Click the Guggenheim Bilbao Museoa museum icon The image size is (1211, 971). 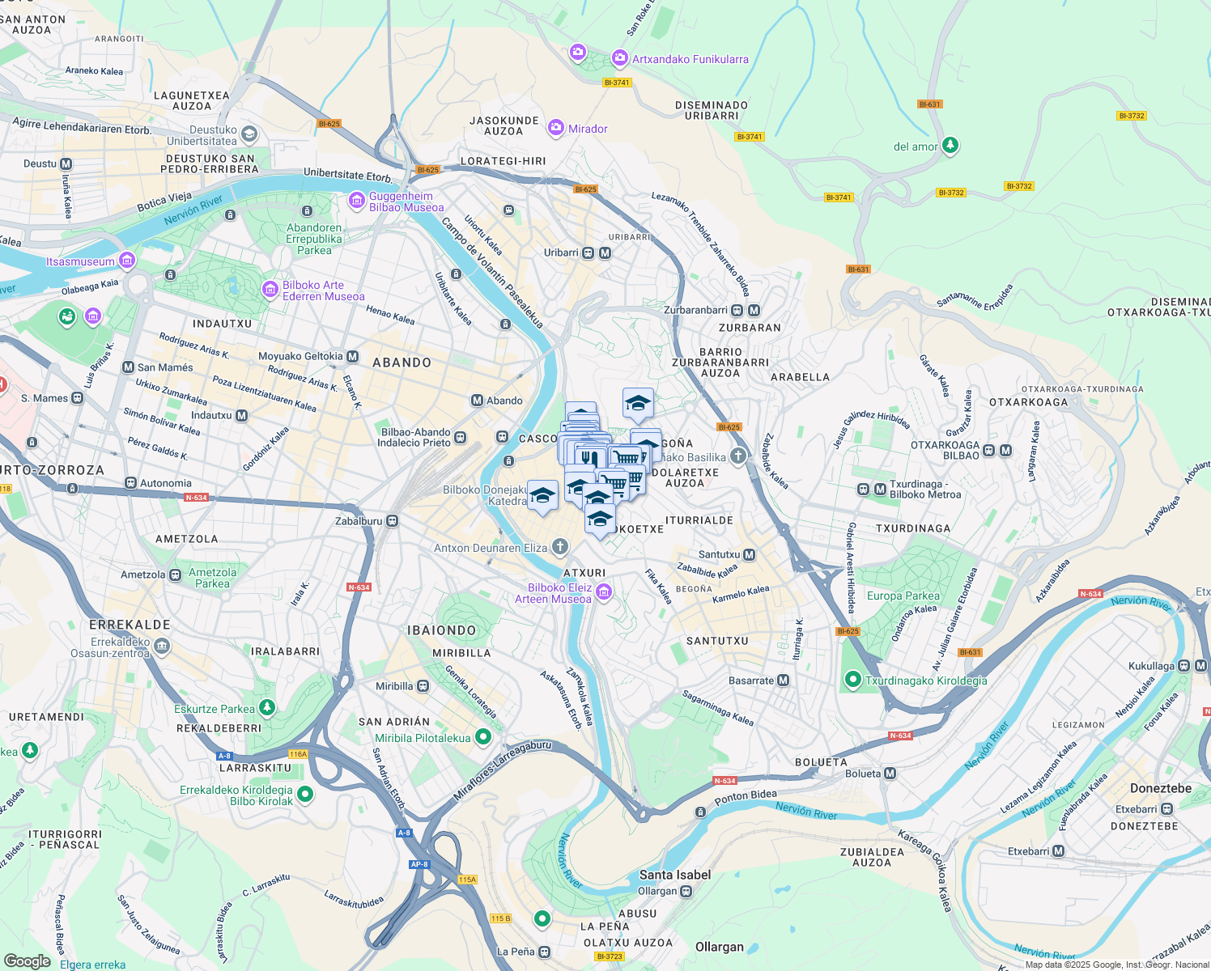356,201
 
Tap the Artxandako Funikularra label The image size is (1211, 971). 690,59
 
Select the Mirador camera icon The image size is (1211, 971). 556,128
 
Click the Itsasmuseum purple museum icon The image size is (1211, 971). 127,261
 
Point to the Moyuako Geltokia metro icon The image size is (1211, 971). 352,356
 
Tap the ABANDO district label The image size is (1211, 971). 402,363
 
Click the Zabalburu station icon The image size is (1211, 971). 393,521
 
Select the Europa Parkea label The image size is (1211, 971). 903,596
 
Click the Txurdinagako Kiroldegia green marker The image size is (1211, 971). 852,681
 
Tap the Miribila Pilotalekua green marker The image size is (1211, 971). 483,737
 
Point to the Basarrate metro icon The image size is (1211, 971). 783,681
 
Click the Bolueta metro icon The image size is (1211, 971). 890,774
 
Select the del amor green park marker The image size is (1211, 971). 950,146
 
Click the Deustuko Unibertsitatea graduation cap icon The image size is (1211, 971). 249,134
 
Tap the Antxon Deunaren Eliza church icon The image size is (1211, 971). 559,548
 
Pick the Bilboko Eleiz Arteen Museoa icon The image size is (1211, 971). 603,594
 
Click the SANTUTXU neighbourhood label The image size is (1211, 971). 717,641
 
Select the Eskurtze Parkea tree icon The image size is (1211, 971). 266,708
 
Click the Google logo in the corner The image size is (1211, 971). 28,961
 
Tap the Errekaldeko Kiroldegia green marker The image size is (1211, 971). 305,795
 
